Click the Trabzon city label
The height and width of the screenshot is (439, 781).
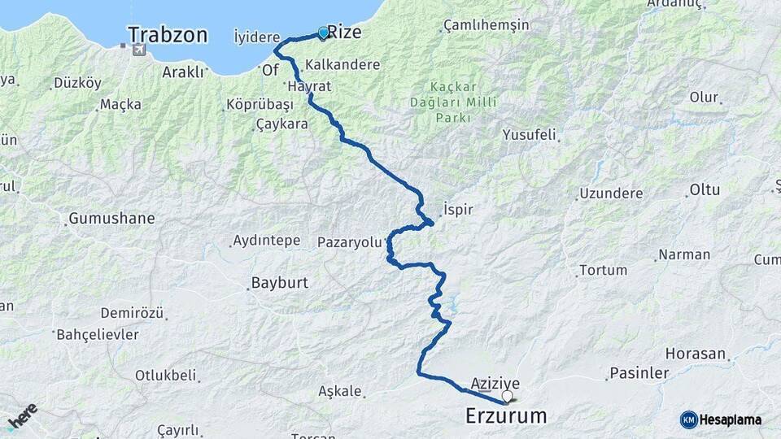[168, 35]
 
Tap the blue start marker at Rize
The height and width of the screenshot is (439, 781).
[323, 33]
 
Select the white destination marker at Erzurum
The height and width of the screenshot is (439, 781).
[508, 397]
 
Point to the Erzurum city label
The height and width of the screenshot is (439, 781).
[506, 416]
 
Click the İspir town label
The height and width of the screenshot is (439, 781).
[459, 209]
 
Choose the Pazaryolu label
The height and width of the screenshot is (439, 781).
[349, 241]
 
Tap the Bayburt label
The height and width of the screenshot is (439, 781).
[277, 285]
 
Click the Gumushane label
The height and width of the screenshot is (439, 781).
[111, 219]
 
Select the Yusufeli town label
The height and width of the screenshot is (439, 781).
[529, 134]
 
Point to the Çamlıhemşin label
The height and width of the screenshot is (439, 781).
[485, 26]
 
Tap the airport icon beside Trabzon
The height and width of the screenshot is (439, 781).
[138, 50]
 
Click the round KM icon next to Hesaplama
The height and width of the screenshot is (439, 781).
[688, 419]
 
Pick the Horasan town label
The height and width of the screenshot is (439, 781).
[695, 354]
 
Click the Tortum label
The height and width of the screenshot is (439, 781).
[603, 270]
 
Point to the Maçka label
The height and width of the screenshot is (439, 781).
[120, 104]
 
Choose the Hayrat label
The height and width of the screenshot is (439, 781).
[306, 85]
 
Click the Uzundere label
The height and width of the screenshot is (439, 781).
[611, 193]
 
